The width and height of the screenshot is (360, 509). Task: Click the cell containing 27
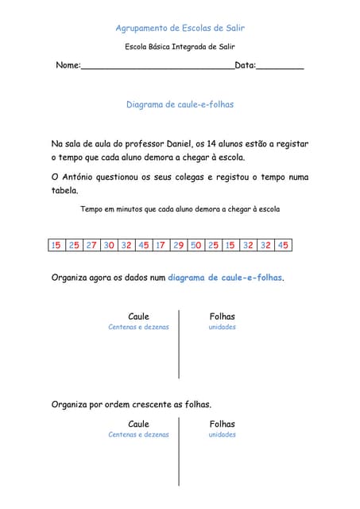pyautogui.click(x=91, y=245)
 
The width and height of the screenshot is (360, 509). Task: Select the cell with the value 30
pyautogui.click(x=109, y=245)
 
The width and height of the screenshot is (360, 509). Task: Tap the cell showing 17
pyautogui.click(x=161, y=245)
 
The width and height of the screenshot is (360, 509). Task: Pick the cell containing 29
pyautogui.click(x=178, y=245)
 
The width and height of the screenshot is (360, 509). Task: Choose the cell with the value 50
pyautogui.click(x=195, y=245)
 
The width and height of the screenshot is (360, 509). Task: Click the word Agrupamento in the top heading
pyautogui.click(x=144, y=28)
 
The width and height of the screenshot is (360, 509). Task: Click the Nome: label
pyautogui.click(x=68, y=64)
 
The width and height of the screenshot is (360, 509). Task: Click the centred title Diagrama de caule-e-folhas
pyautogui.click(x=180, y=104)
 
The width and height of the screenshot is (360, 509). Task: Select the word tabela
pyautogui.click(x=64, y=191)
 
